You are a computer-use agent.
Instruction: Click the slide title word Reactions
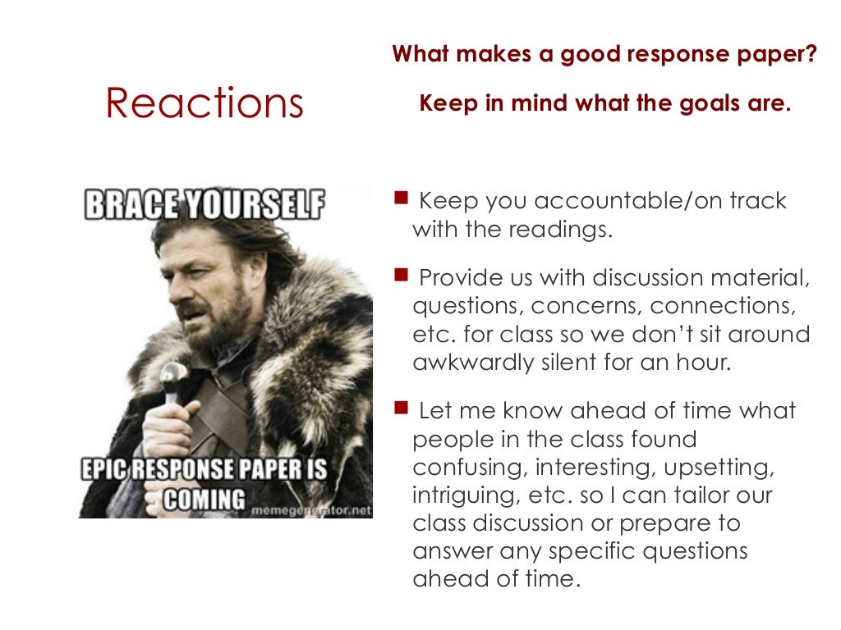click(205, 103)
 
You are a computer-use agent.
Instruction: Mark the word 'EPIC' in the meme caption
click(107, 472)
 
